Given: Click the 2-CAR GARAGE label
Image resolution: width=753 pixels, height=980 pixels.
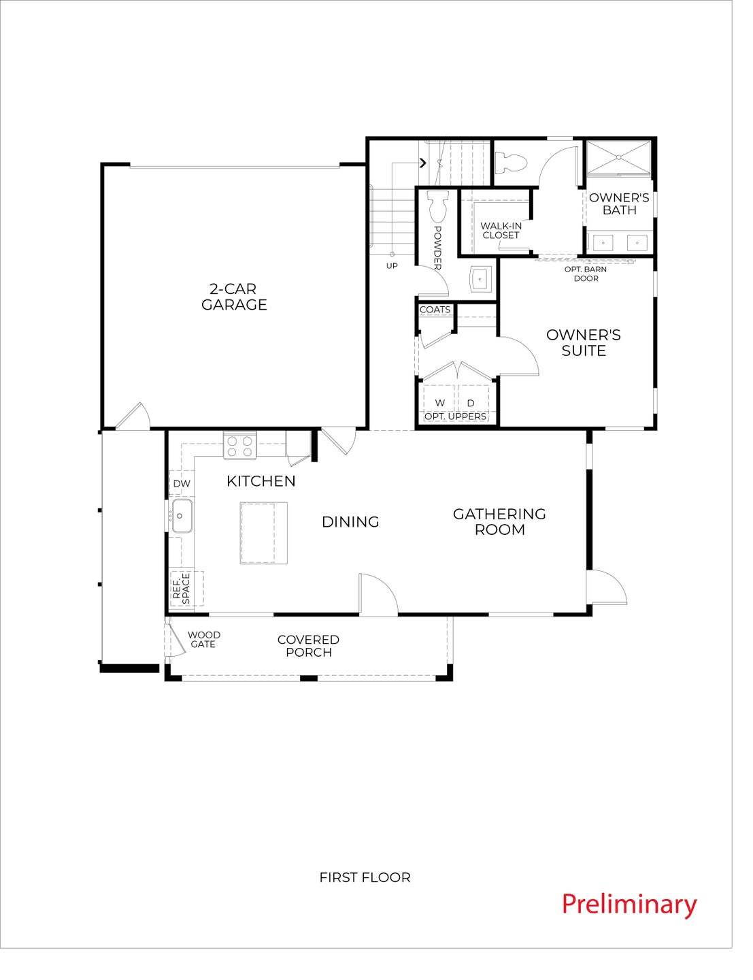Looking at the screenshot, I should pyautogui.click(x=234, y=297).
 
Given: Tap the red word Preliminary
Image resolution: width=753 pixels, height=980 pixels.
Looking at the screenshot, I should pyautogui.click(x=629, y=904).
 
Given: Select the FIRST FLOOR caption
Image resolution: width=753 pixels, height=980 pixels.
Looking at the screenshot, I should pyautogui.click(x=365, y=878).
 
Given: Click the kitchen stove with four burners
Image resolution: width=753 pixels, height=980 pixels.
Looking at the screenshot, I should pyautogui.click(x=240, y=446).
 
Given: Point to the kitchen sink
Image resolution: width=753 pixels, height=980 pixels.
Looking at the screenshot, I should pyautogui.click(x=182, y=515).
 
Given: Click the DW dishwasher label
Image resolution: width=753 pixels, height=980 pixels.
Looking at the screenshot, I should pyautogui.click(x=181, y=484).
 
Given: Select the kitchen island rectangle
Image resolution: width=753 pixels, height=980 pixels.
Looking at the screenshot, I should pyautogui.click(x=263, y=533).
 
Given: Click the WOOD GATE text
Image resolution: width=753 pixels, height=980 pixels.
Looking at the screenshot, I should pyautogui.click(x=203, y=640).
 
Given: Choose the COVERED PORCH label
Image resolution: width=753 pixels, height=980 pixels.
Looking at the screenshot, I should pyautogui.click(x=308, y=646).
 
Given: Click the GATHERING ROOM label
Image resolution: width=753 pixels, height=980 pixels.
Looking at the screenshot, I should pyautogui.click(x=499, y=522).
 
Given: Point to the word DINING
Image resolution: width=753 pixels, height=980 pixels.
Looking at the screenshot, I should pyautogui.click(x=350, y=522).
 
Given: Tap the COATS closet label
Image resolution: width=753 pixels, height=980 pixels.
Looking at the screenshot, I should pyautogui.click(x=435, y=310).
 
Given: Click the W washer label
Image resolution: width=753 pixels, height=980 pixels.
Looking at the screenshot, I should pyautogui.click(x=440, y=404).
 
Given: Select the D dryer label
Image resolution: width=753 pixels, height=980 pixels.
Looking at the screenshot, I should pyautogui.click(x=471, y=404).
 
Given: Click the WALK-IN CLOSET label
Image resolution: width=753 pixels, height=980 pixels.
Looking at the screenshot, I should pyautogui.click(x=501, y=231).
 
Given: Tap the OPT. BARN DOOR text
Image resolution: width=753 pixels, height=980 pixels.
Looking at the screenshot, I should pyautogui.click(x=586, y=274).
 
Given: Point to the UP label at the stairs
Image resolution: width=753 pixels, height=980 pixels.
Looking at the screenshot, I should pyautogui.click(x=392, y=266).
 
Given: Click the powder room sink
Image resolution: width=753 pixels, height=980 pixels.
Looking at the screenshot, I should pyautogui.click(x=482, y=278).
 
